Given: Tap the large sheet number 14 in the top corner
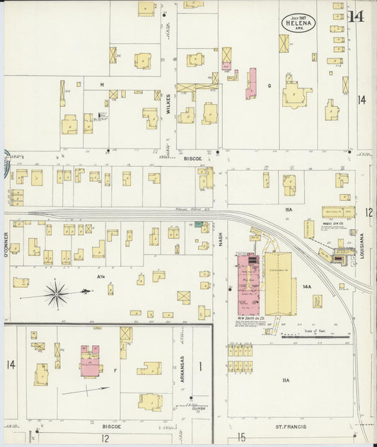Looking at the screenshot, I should point(356,16).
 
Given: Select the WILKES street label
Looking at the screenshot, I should point(168,103).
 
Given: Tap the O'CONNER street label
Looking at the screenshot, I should point(6,245).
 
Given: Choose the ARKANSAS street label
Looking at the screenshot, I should point(182,368).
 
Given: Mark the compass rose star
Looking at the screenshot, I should point(56,293).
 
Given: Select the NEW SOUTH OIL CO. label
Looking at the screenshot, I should point(251,318).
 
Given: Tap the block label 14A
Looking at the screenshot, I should point(307,286).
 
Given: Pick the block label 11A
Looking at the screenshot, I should point(286,380).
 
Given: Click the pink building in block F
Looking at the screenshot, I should point(91,361).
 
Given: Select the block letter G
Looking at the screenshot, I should point(269,86).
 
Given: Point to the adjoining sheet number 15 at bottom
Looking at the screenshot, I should point(241,438).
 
